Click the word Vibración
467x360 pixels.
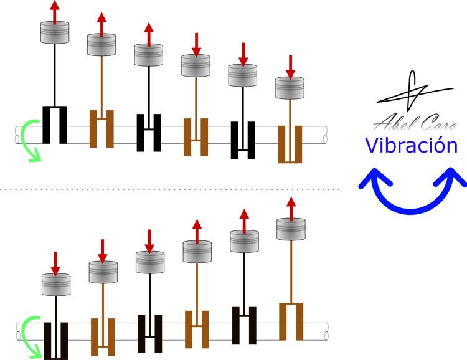(412, 145)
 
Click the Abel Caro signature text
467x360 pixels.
(415, 122)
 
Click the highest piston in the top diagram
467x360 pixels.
(55, 32)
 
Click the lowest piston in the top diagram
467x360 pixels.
(290, 88)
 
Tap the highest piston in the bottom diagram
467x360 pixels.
(291, 229)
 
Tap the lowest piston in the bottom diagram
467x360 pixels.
(56, 285)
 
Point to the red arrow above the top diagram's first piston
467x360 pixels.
(55, 12)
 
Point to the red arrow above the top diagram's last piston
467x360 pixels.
(290, 67)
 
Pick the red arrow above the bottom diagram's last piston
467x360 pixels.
(291, 209)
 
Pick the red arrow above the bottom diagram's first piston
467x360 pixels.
(55, 263)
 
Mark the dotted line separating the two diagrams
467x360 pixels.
(171, 189)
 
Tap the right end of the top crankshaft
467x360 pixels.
(325, 135)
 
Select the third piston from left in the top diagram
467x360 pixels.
(149, 55)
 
